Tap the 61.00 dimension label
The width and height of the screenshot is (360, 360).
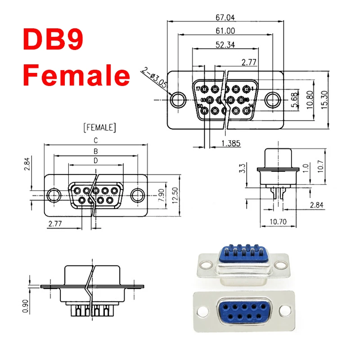pos(225,31)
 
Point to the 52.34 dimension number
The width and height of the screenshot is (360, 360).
pos(225,44)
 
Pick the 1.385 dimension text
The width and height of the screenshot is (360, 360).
pos(231,144)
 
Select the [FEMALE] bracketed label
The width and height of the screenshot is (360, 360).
pos(99,128)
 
